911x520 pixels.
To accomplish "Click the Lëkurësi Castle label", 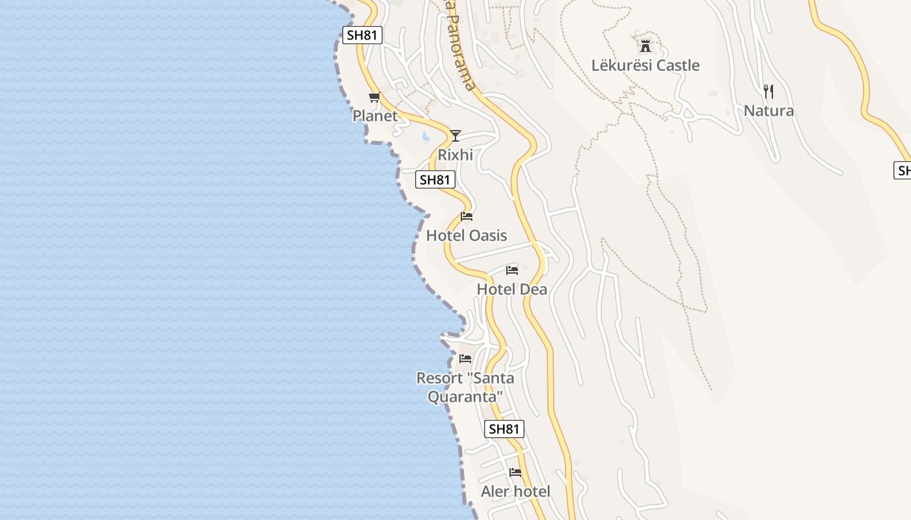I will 645,66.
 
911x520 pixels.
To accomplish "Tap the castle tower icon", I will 645,46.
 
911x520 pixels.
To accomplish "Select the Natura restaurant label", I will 768,111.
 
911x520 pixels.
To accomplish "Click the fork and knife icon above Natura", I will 768,92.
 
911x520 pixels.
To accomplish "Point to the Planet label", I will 375,116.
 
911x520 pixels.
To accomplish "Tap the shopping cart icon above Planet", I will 374,97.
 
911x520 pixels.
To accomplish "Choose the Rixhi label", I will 455,155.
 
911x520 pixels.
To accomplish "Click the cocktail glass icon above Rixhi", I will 455,136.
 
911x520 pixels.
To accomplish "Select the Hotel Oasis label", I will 466,235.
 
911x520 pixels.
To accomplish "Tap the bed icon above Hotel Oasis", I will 466,216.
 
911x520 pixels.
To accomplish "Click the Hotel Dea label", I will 512,289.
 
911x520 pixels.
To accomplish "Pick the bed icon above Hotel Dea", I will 512,270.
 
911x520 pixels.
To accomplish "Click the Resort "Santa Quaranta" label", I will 465,387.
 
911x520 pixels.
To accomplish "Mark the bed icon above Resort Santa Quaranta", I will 465,359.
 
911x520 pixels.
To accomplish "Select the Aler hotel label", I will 515,492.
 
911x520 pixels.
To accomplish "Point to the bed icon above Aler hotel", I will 515,473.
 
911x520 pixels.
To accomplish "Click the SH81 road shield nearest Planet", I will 362,35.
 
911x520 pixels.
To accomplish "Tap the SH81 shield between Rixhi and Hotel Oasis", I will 435,180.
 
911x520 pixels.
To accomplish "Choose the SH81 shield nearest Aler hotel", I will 504,429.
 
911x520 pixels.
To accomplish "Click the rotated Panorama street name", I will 461,49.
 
